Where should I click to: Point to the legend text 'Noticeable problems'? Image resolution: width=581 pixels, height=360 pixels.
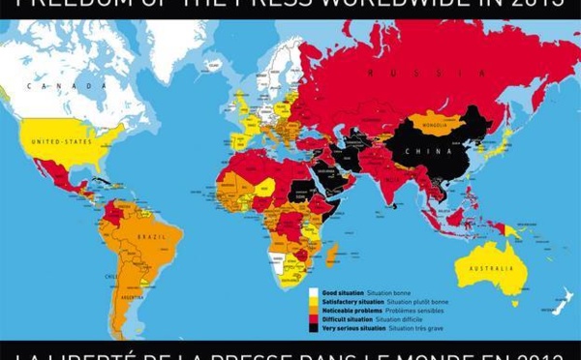pyautogui.click(x=350, y=309)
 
